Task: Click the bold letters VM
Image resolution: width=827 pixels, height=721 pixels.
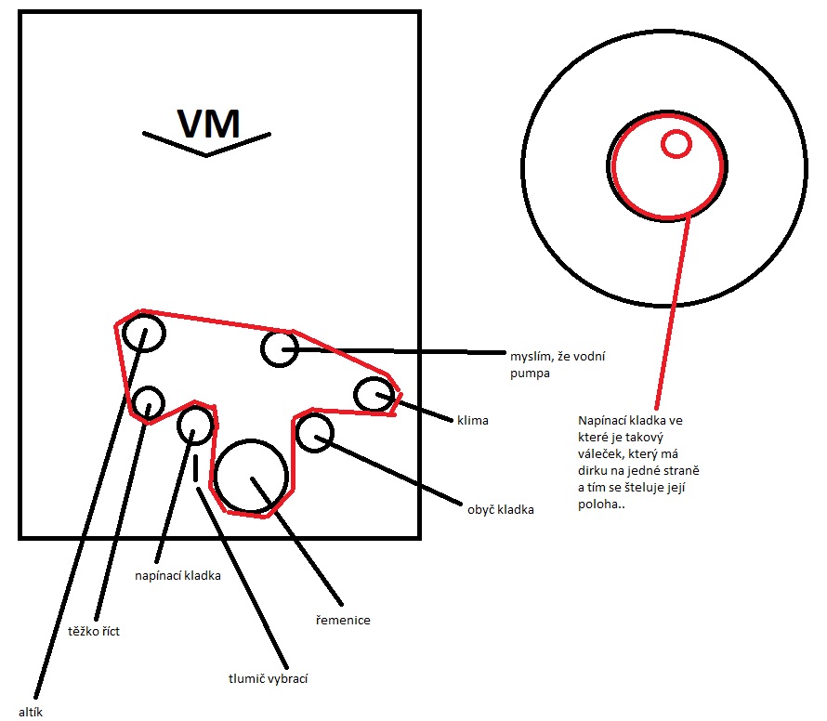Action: point(208,123)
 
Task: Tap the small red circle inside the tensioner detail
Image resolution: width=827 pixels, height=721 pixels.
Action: point(676,143)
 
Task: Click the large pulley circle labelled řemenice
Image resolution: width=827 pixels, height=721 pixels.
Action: point(251,475)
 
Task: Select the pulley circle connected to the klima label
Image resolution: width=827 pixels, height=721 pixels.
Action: point(374,394)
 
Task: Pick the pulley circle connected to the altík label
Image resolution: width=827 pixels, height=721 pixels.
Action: point(144,331)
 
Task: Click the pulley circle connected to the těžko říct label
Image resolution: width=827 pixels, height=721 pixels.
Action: point(148,402)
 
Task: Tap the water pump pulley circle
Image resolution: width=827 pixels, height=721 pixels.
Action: point(279,348)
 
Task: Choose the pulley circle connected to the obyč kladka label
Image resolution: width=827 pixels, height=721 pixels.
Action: point(315,433)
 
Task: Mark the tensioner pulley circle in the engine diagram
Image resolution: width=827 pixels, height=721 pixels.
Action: point(195,425)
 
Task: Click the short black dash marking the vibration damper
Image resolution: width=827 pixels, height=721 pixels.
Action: point(196,467)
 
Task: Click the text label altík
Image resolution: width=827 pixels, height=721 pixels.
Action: point(31,712)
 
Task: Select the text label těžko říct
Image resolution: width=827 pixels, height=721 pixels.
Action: point(95,632)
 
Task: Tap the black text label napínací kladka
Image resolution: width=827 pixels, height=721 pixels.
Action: point(177,576)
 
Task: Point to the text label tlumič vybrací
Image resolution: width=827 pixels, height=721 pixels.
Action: point(268,678)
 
